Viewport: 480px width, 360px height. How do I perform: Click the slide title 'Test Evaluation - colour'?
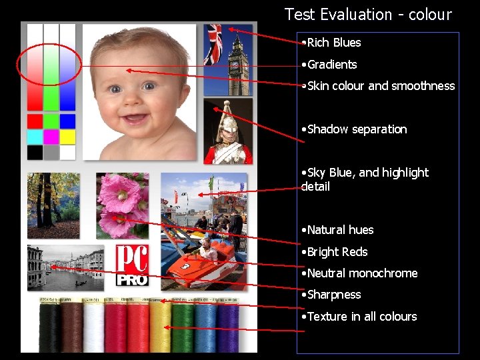click(x=368, y=15)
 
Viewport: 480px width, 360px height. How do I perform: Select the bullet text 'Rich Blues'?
click(x=333, y=43)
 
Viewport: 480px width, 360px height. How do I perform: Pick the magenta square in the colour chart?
click(x=51, y=137)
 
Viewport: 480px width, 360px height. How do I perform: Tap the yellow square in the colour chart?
click(x=67, y=137)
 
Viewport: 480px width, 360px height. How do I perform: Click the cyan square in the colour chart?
click(x=35, y=137)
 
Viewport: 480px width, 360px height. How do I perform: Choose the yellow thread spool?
click(x=161, y=326)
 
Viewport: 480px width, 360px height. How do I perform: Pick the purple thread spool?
click(x=227, y=326)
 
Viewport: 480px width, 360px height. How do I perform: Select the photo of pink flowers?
click(x=122, y=205)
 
